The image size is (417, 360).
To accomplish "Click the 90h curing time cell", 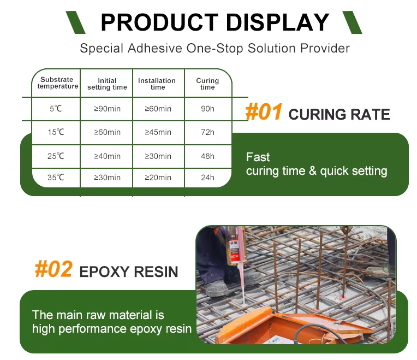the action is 207,109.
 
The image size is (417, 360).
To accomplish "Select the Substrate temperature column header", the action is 58,82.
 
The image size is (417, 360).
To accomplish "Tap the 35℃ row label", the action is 56,177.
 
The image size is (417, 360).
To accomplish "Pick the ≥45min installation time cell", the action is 158,132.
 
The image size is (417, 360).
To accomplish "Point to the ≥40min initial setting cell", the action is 107,156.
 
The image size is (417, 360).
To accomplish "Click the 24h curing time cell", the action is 207,178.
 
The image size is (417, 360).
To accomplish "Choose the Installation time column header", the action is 157,84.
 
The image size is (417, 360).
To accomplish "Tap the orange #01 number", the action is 264,112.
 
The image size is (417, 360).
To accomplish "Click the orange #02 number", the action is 53,269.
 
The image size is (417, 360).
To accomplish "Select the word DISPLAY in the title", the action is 278,22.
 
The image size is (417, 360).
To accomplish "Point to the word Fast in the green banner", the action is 258,157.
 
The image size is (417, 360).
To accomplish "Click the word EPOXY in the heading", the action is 104,272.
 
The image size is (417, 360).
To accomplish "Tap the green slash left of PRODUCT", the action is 75,22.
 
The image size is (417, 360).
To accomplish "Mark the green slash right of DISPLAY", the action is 352,22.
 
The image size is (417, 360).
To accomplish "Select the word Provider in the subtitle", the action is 325,49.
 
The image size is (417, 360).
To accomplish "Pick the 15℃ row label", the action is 56,132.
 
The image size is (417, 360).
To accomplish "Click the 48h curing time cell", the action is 207,156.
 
